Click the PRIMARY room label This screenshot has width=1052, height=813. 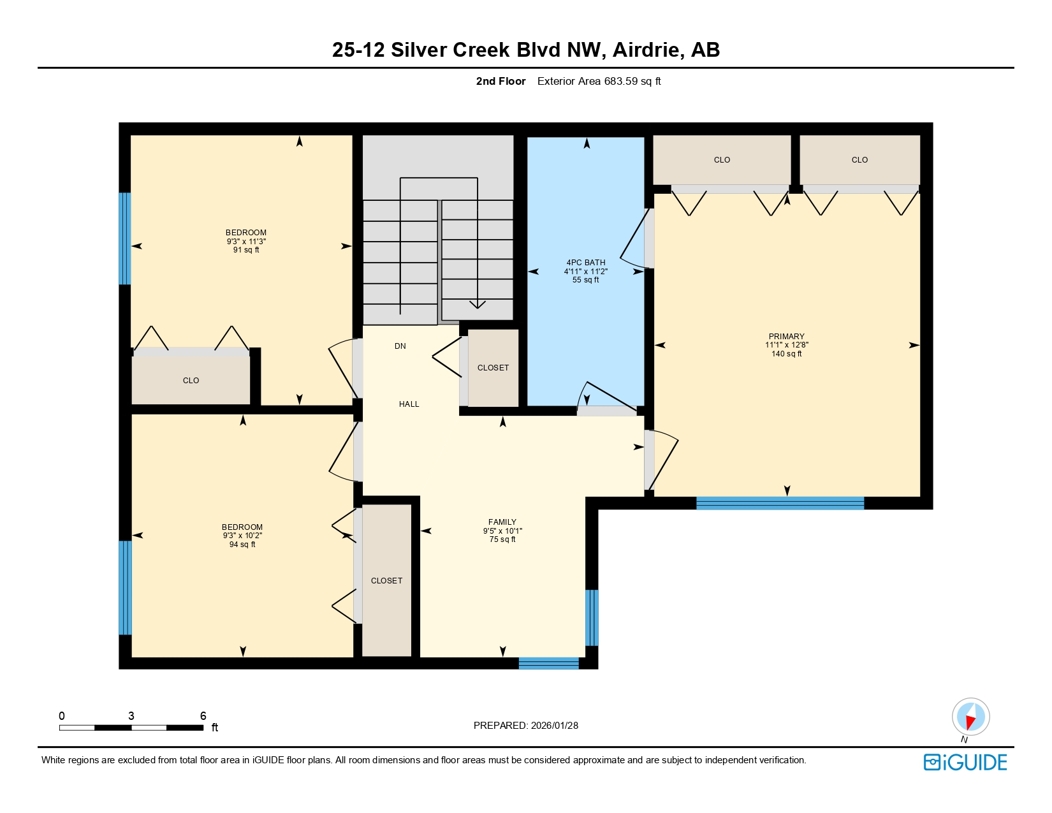(786, 336)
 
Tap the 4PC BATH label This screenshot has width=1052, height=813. (585, 262)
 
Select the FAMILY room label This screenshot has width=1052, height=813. (502, 522)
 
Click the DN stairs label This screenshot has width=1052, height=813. (400, 346)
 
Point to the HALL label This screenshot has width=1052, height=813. (409, 404)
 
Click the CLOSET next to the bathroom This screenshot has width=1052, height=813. (493, 368)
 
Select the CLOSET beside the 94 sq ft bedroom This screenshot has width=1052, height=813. (386, 580)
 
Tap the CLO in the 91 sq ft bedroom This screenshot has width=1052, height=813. (191, 380)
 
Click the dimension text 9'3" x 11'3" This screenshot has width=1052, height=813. (245, 242)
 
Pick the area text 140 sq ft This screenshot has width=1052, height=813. (786, 354)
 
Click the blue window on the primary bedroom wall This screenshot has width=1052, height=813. (780, 503)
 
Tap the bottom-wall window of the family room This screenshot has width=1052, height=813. (548, 663)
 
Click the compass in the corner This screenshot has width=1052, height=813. (970, 717)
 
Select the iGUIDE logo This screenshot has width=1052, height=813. (965, 762)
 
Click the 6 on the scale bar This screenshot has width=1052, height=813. (203, 715)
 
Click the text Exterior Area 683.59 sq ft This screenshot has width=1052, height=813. (599, 81)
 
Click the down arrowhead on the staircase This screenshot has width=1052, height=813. (477, 304)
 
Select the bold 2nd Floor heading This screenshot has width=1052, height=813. (500, 81)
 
